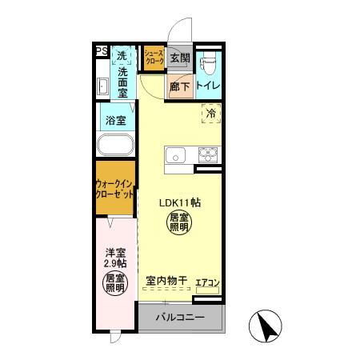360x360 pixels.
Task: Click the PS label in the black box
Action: [102, 53]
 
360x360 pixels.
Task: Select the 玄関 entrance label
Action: [179, 58]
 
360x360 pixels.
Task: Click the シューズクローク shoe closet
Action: [154, 58]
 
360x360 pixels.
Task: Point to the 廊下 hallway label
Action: [179, 86]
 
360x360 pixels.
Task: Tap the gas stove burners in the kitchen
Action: [208, 154]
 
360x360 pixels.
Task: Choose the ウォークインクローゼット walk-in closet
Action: [115, 189]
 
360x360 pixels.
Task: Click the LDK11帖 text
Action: [179, 202]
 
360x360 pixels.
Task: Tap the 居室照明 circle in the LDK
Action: [178, 222]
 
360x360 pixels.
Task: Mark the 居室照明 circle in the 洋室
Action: [115, 282]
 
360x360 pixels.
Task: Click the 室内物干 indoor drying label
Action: [166, 281]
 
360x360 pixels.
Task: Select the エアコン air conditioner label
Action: [207, 282]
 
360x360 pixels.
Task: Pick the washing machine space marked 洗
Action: [122, 56]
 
